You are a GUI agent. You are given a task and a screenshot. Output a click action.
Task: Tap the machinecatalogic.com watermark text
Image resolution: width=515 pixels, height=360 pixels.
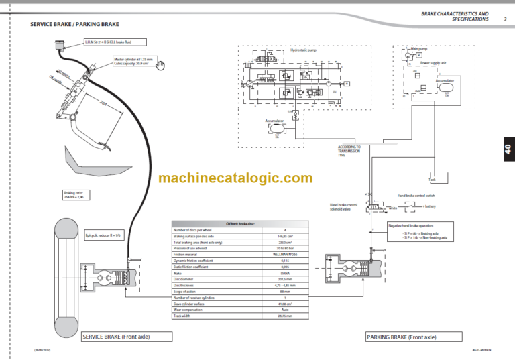click(235, 178)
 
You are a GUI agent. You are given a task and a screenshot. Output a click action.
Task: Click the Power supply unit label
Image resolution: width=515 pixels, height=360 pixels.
click(433, 63)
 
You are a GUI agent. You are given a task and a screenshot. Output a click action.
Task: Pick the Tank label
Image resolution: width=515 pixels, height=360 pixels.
click(432, 179)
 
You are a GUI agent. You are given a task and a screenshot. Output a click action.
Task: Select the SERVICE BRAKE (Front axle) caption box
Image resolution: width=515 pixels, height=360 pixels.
click(120, 337)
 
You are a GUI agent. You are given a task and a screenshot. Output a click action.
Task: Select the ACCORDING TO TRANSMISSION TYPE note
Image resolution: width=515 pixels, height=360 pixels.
click(349, 150)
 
